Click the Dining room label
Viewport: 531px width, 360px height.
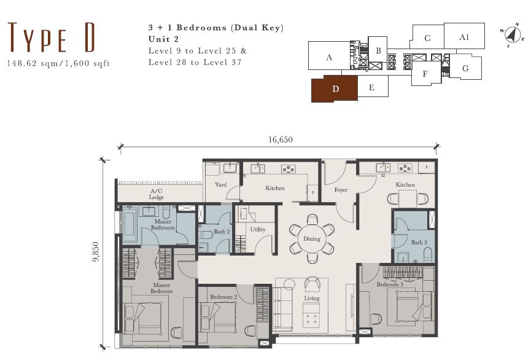(312, 238)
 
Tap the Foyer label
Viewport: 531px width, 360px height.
(341, 190)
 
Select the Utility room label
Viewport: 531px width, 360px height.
(258, 230)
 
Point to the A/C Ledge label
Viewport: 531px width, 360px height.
(157, 194)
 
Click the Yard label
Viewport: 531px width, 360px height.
(220, 185)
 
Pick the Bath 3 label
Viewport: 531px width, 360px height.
(419, 243)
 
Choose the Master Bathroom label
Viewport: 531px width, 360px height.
(163, 225)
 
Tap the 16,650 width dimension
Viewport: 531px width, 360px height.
(281, 139)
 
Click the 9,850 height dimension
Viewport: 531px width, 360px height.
(96, 251)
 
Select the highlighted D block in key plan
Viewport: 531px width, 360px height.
(334, 89)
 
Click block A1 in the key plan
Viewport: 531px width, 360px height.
(464, 36)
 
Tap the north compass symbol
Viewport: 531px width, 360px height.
(513, 34)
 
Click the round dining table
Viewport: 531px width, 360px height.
(312, 238)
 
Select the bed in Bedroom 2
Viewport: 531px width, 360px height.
(219, 318)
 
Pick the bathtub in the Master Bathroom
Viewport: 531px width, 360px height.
(130, 225)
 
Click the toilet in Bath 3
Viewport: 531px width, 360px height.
(428, 254)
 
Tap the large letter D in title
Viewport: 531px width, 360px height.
(90, 37)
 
